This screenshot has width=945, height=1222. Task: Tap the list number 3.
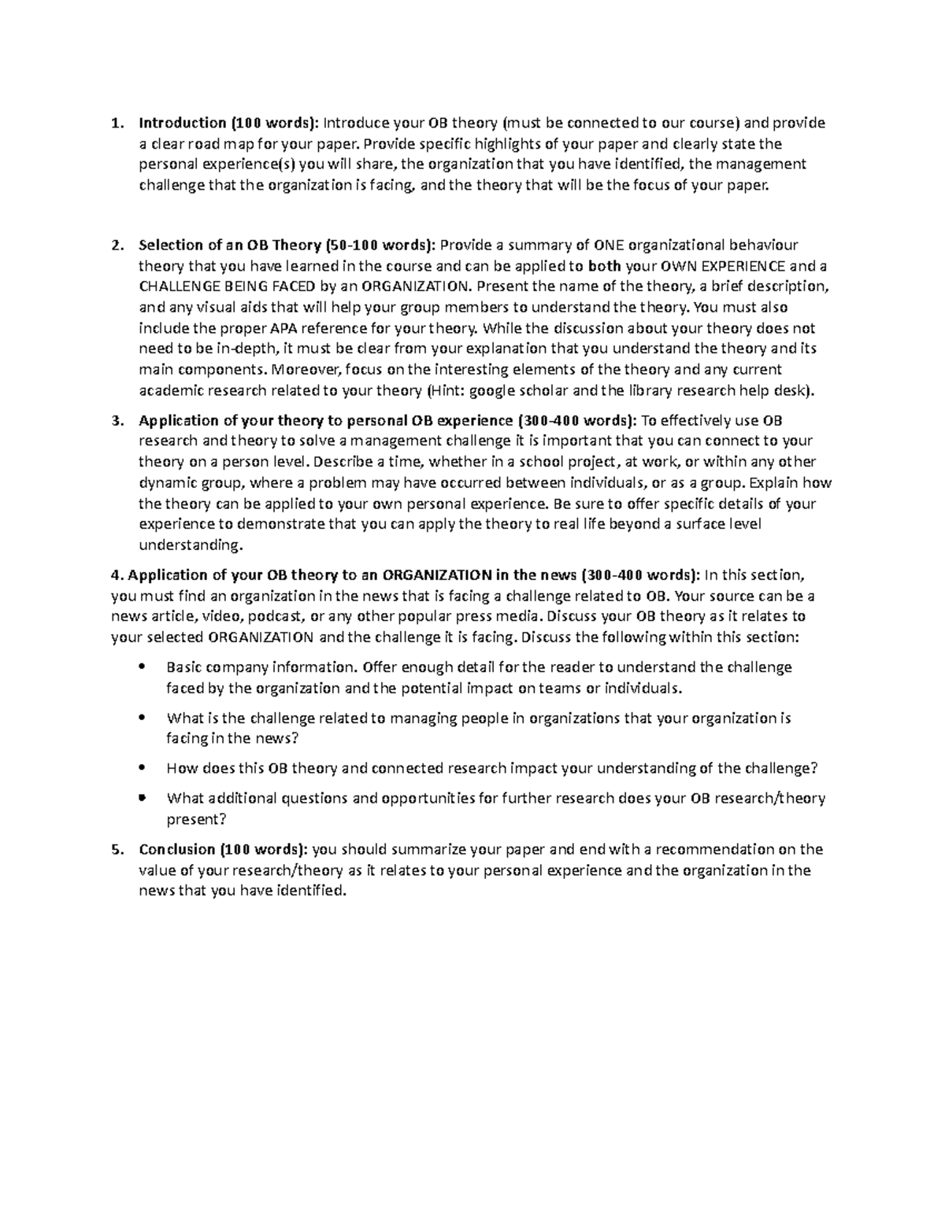coord(117,420)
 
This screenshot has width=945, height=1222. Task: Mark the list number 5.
coord(117,850)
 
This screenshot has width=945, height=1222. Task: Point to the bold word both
coord(604,266)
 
